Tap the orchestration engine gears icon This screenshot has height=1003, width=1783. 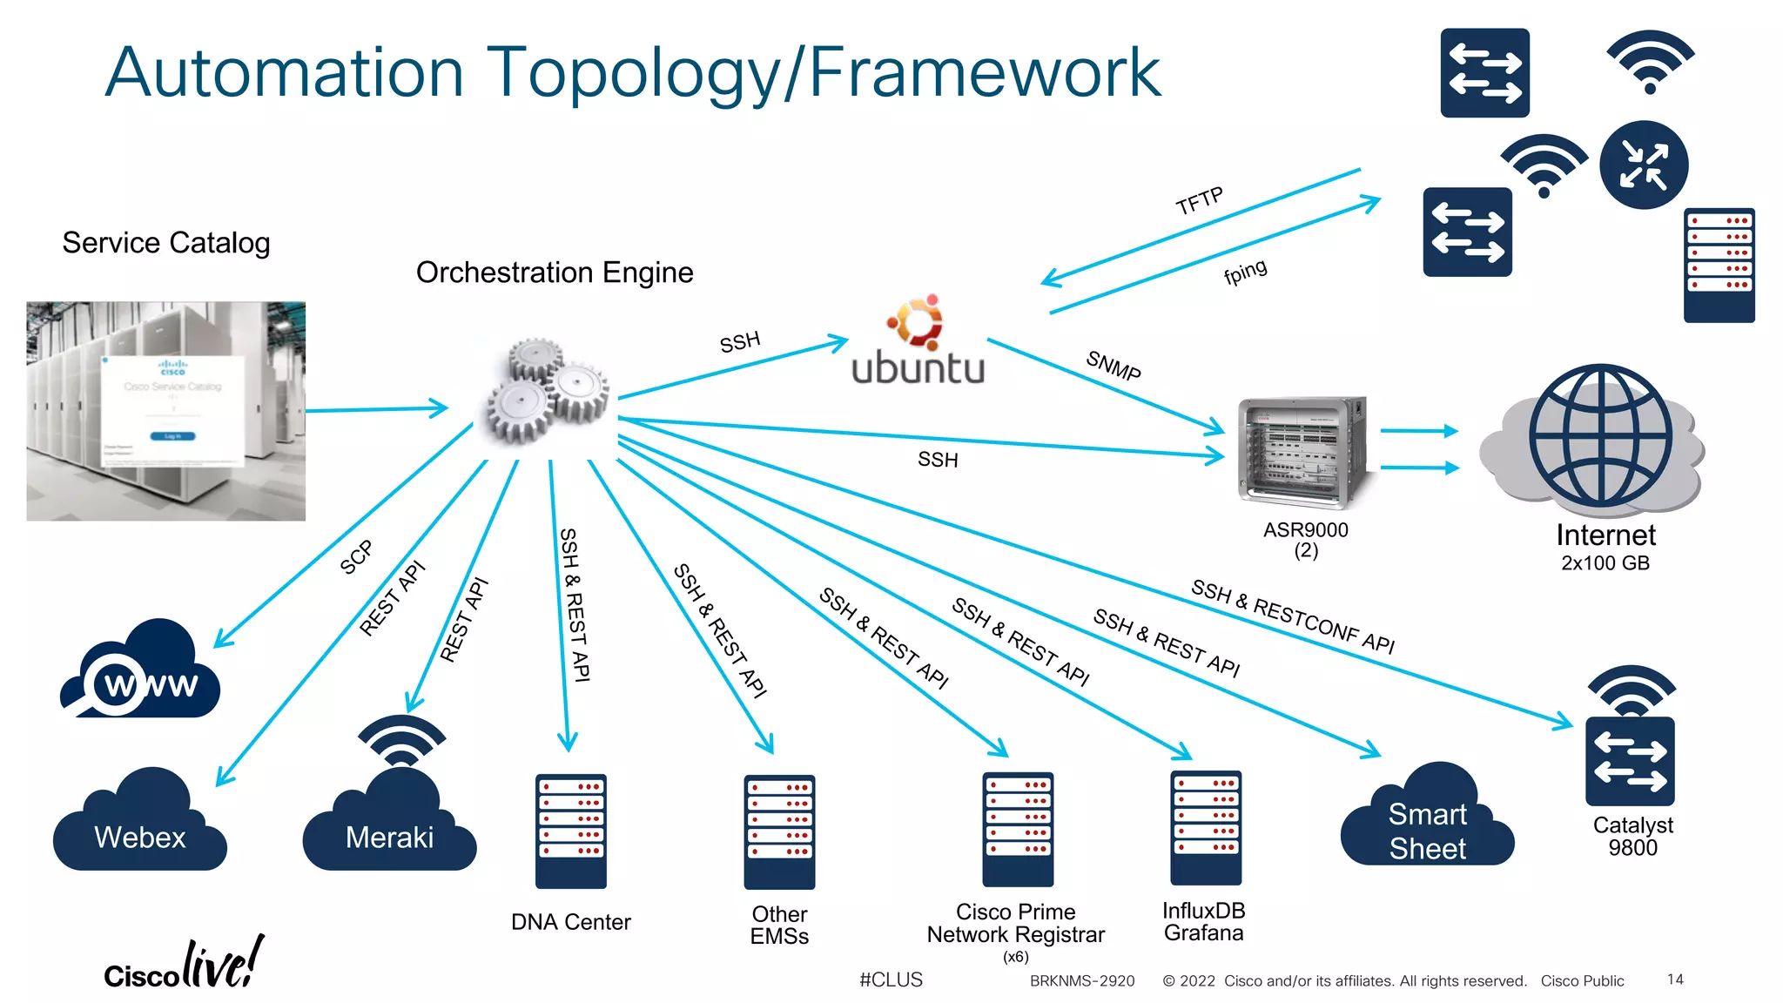(x=547, y=393)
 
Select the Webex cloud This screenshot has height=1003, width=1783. (x=139, y=824)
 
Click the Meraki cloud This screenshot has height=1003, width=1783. (x=389, y=824)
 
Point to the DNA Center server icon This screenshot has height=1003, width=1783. (x=570, y=831)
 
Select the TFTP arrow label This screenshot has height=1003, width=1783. (x=1199, y=201)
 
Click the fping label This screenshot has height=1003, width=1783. (x=1245, y=272)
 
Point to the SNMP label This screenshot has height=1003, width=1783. (x=1113, y=365)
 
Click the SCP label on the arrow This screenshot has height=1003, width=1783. (x=356, y=557)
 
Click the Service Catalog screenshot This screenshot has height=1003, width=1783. (x=165, y=411)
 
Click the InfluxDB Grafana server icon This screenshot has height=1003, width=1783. (x=1206, y=827)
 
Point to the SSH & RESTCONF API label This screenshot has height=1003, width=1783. (x=1292, y=616)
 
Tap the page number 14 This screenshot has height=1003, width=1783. (x=1675, y=979)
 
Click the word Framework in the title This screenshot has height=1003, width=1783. (x=985, y=72)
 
